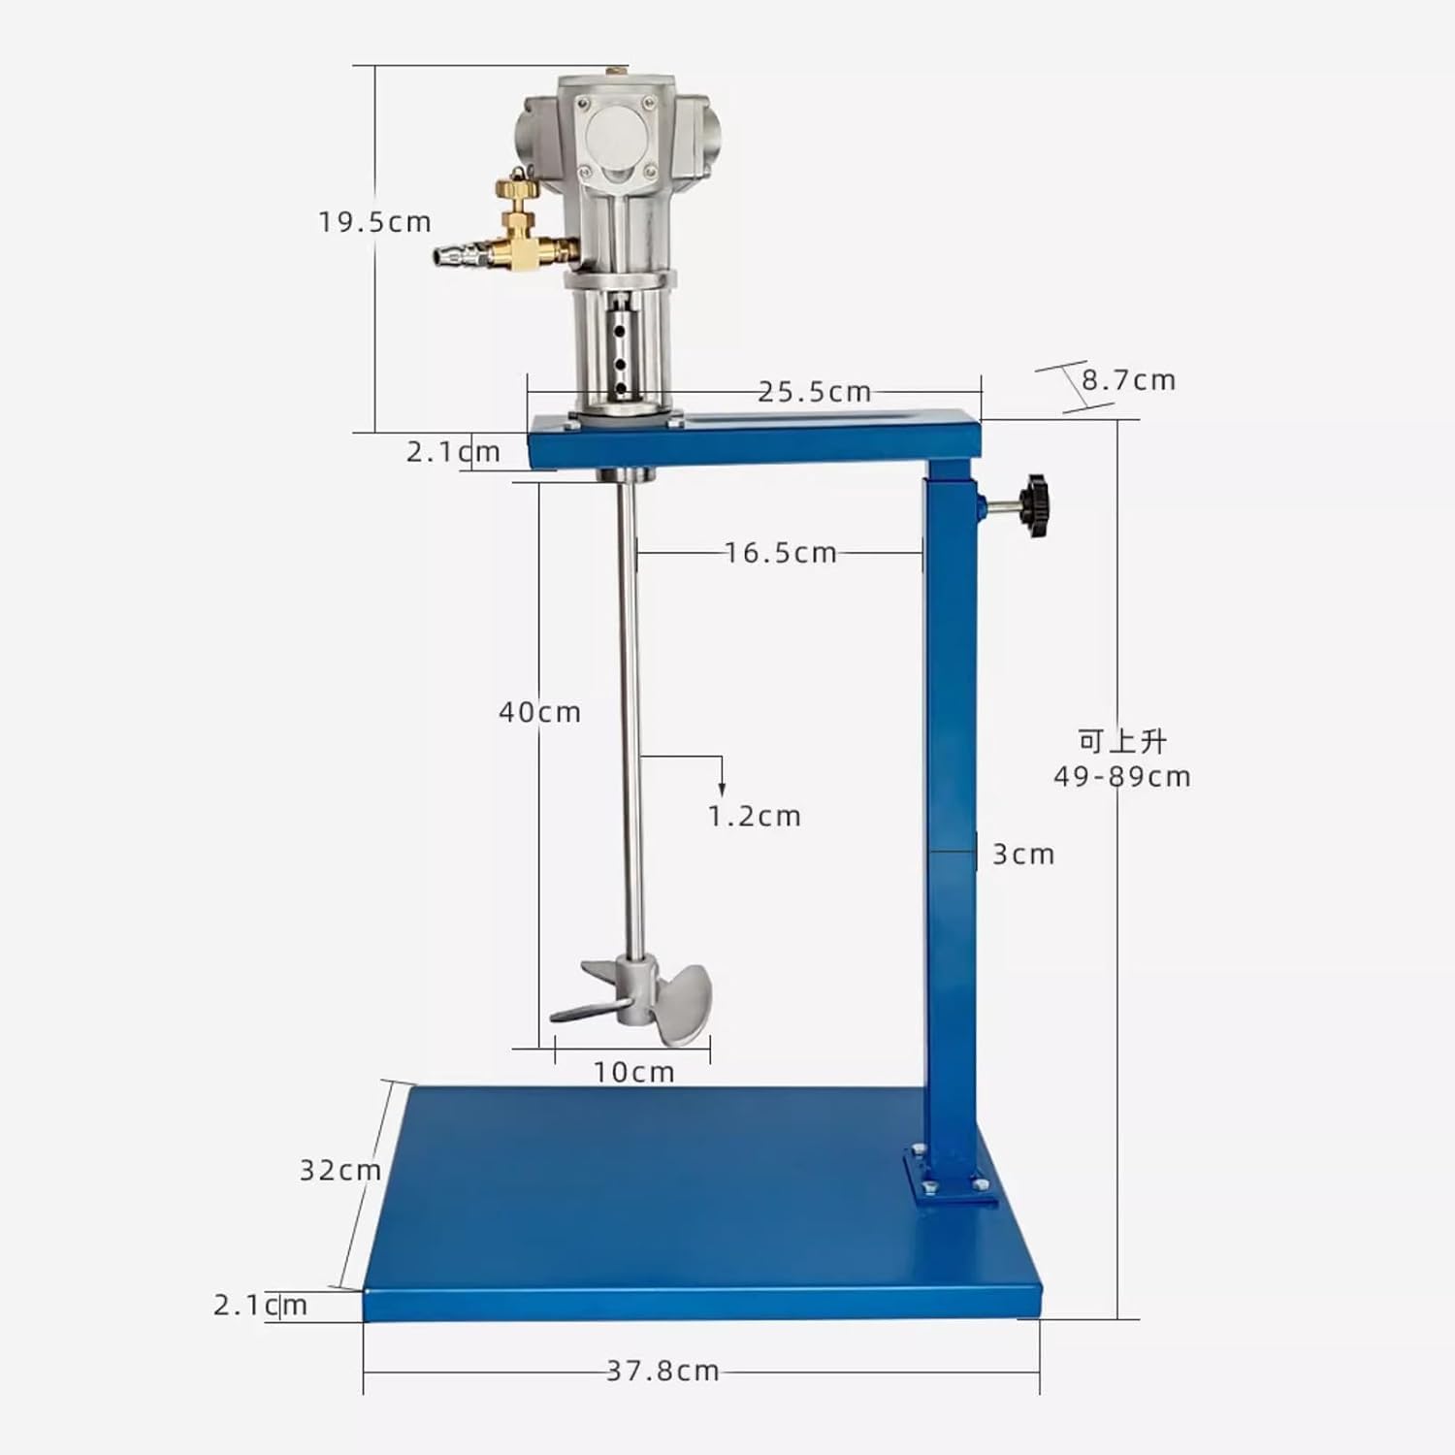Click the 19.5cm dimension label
point(374,222)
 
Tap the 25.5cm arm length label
point(814,392)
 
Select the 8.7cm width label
point(1128,380)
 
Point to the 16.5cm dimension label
point(781,553)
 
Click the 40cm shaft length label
point(539,712)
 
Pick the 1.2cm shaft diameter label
point(754,817)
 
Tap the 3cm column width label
point(1022,855)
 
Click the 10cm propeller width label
point(633,1072)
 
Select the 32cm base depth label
point(339,1171)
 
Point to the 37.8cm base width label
point(663,1371)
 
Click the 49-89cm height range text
point(1122,777)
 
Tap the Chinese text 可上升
point(1122,741)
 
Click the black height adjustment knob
point(1035,505)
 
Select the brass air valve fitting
point(524,233)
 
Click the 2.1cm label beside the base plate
point(260,1306)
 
